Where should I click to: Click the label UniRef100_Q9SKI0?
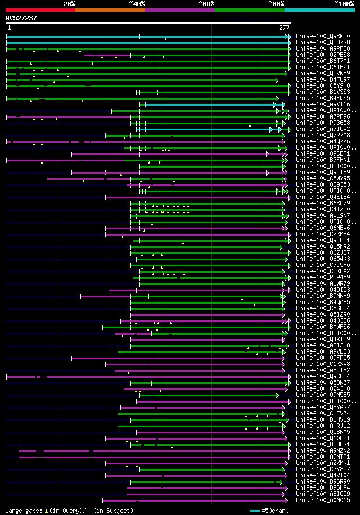315,37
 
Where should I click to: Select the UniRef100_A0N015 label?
315,500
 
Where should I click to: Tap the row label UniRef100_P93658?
315,123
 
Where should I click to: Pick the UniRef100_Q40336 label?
315,320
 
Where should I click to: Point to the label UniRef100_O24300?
315,388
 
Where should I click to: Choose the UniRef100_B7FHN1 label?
315,160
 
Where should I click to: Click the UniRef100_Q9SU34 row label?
315,376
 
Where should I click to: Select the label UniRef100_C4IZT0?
315,209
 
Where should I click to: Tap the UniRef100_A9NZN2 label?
315,450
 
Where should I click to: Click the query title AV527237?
21,18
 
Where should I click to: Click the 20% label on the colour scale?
69,3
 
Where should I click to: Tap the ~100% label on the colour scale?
344,3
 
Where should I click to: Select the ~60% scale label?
206,3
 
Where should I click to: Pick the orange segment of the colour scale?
110,10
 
